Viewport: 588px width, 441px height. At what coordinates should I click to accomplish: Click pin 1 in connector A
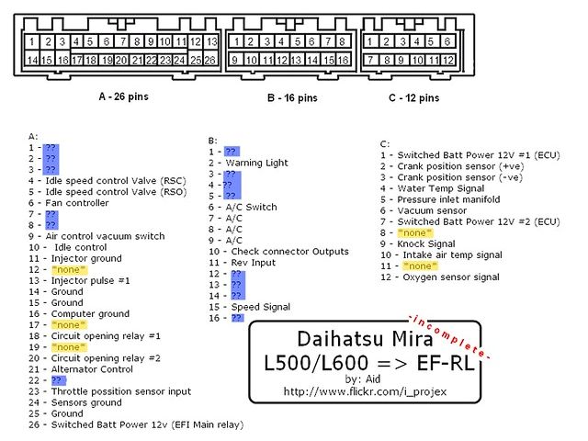(32, 41)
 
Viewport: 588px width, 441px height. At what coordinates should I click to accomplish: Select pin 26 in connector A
(210, 60)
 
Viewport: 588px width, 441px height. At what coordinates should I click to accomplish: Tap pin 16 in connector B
(342, 60)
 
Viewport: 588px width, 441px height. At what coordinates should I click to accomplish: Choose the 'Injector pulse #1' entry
(83, 280)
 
